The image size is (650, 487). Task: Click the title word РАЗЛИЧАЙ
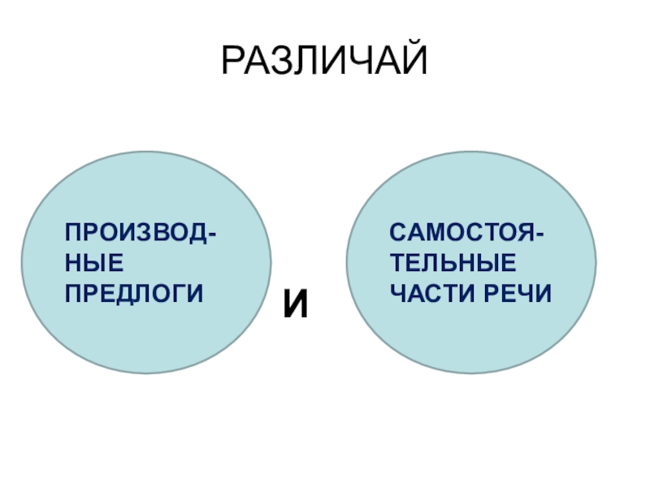click(x=324, y=62)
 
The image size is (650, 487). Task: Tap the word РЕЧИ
click(x=513, y=291)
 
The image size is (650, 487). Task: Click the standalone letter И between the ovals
click(x=297, y=305)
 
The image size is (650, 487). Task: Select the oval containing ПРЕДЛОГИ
click(x=146, y=325)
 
